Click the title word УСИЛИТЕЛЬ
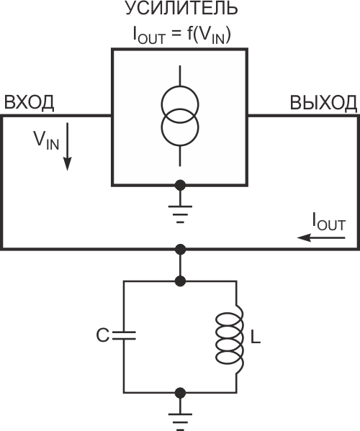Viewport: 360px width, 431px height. (x=181, y=9)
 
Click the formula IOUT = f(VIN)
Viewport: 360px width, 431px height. (x=181, y=36)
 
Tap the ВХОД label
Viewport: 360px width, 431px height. (x=29, y=102)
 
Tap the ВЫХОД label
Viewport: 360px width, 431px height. (x=323, y=102)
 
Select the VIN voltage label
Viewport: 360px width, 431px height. (x=46, y=140)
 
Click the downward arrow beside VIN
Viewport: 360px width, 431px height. (x=68, y=147)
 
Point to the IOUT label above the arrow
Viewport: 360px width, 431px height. (x=328, y=222)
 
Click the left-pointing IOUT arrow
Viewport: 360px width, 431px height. (x=321, y=237)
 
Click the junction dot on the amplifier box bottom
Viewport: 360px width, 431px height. (x=180, y=186)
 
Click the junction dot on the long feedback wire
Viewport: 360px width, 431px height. (x=180, y=249)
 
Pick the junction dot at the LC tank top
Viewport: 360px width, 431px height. (x=180, y=281)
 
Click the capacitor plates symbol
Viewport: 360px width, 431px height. (x=124, y=335)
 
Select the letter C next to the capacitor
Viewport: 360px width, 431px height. (x=103, y=335)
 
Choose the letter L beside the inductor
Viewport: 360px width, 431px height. (x=256, y=337)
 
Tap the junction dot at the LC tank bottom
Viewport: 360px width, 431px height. (x=180, y=393)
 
